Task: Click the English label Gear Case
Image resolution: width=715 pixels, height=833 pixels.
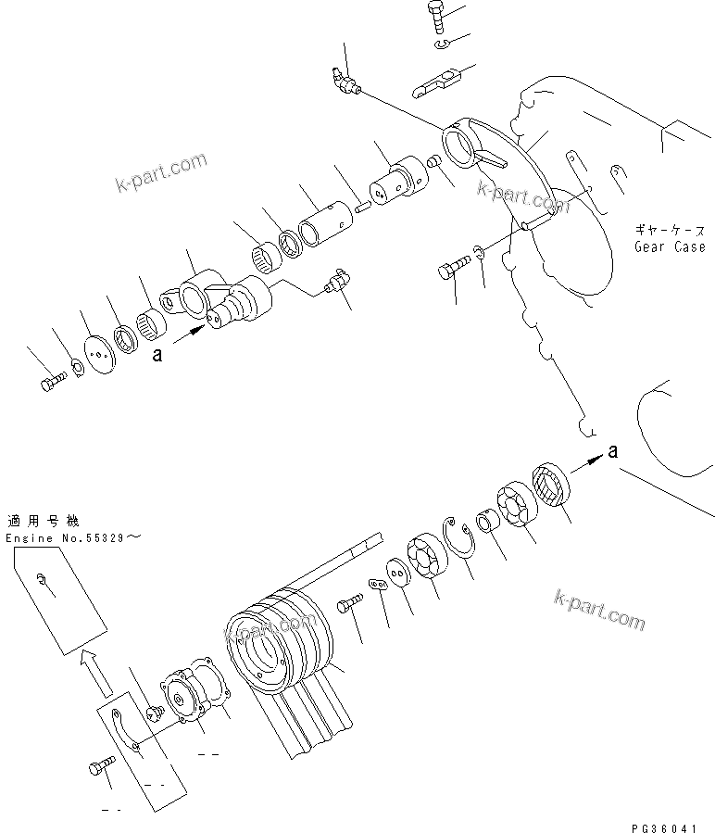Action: click(670, 246)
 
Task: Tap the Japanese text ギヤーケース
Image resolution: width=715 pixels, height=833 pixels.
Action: click(670, 230)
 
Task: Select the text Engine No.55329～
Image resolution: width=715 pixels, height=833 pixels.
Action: click(75, 537)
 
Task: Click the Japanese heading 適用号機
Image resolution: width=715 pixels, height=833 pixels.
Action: click(43, 521)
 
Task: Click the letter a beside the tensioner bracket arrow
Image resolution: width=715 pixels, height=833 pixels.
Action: click(157, 353)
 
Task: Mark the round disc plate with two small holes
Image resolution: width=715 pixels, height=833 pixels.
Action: click(97, 355)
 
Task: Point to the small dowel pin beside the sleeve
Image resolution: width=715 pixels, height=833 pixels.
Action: click(362, 207)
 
